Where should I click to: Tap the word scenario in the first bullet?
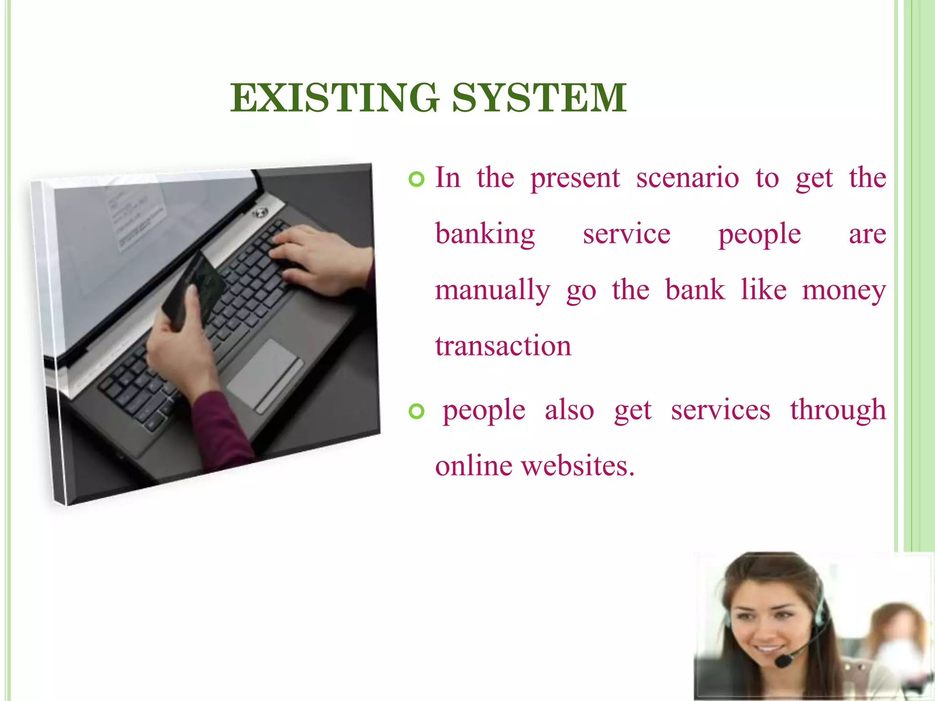687,178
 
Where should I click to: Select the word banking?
485,235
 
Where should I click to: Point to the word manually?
492,291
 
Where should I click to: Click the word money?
844,291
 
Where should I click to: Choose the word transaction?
503,346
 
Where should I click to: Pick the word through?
838,410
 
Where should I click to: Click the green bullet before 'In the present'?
416,179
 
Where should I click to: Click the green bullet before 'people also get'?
416,412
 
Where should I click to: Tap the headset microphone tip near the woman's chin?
783,660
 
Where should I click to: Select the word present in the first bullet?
575,179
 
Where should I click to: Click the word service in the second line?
626,235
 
